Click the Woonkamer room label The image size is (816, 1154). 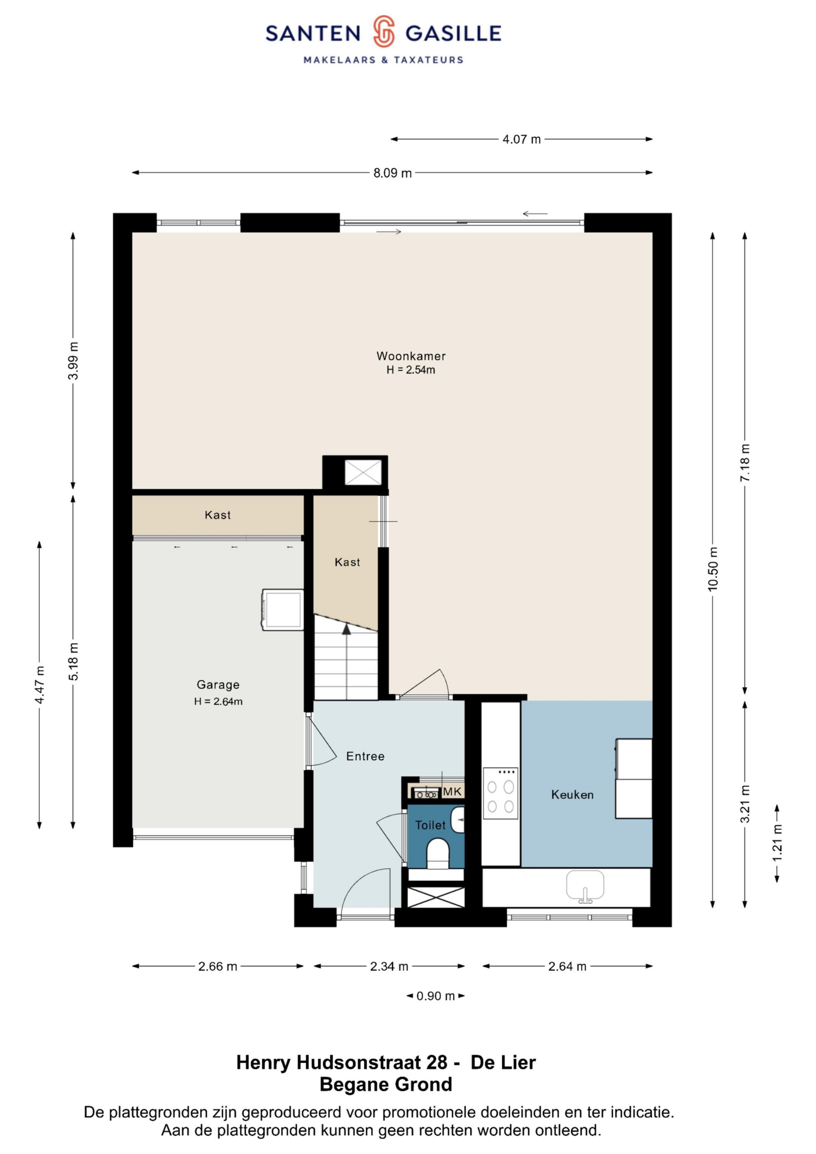(x=411, y=356)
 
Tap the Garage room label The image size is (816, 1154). (x=218, y=685)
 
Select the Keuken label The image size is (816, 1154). (x=572, y=795)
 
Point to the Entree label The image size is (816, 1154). (x=365, y=756)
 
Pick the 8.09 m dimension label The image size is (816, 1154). (x=392, y=173)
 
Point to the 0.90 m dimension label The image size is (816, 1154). (x=436, y=996)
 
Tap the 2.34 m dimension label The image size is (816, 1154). (x=389, y=966)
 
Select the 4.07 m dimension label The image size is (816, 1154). (x=521, y=139)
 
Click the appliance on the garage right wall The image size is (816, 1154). (x=283, y=610)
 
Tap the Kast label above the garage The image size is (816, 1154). (x=218, y=515)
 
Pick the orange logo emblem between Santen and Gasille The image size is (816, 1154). (x=384, y=31)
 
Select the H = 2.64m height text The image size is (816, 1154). (x=218, y=702)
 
